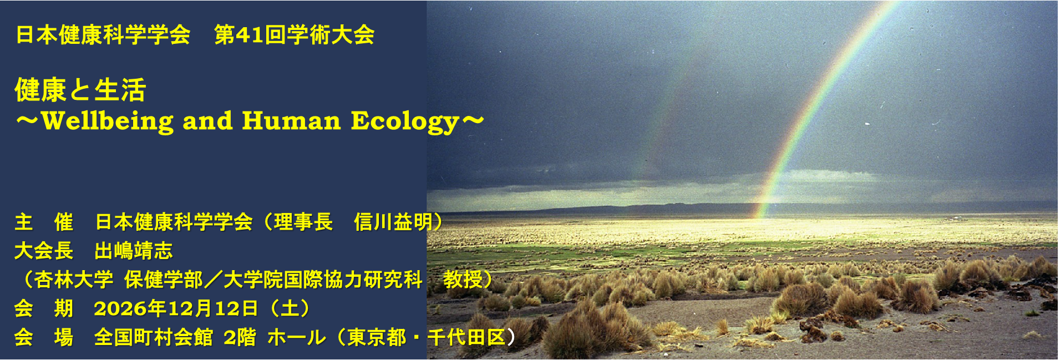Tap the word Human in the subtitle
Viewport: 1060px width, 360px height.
[291, 121]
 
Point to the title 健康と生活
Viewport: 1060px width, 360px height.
[80, 90]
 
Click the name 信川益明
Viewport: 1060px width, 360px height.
[393, 222]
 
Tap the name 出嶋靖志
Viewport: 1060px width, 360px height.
[134, 251]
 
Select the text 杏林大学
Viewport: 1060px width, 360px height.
[74, 280]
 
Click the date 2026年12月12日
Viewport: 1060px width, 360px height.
[176, 308]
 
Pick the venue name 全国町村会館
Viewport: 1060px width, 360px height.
[154, 337]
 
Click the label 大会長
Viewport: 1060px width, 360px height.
[44, 251]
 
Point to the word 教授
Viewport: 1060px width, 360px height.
[463, 280]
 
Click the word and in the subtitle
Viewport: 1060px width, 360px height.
[208, 121]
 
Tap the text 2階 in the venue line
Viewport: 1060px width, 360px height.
[240, 337]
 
